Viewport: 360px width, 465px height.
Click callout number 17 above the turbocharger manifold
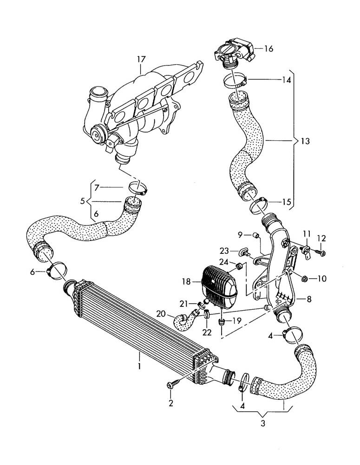pyautogui.click(x=141, y=60)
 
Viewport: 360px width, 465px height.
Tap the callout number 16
pyautogui.click(x=269, y=48)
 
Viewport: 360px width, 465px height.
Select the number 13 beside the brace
pyautogui.click(x=305, y=140)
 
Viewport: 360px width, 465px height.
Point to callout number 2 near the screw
pyautogui.click(x=170, y=403)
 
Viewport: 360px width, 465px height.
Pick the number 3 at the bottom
pyautogui.click(x=262, y=424)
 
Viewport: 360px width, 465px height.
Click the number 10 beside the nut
pyautogui.click(x=322, y=279)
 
